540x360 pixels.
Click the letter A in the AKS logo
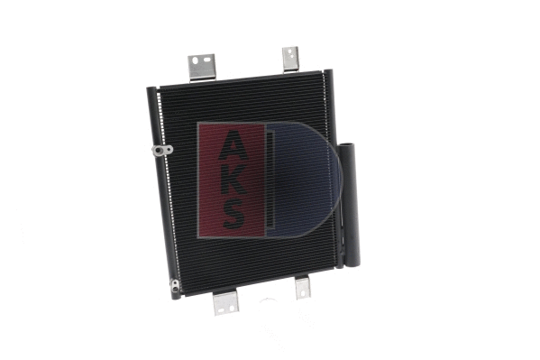tap(233, 145)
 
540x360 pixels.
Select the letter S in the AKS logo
tap(233, 215)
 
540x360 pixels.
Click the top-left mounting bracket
tap(202, 68)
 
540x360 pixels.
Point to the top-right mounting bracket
tap(290, 60)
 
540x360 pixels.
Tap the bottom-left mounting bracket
tap(225, 303)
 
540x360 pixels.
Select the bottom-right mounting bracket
tap(303, 288)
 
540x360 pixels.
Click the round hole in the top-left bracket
tap(196, 60)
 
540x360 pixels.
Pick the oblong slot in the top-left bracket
tap(207, 60)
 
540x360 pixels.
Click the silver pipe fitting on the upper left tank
tap(162, 151)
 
